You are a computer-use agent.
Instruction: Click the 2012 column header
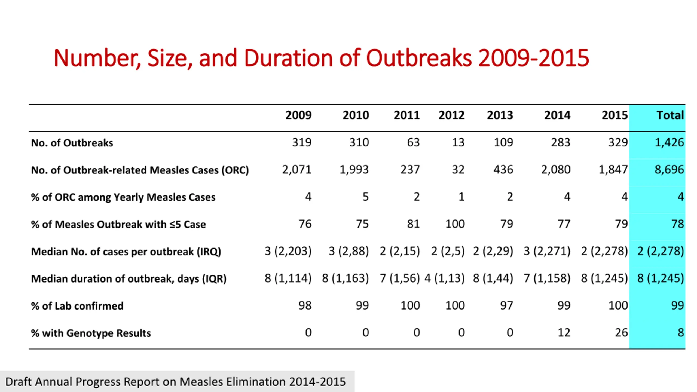click(451, 115)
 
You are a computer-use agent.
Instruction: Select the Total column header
click(670, 115)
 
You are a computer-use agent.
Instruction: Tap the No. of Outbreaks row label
click(72, 143)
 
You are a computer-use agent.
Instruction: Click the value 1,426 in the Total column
click(669, 142)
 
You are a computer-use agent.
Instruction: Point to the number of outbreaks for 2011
click(413, 142)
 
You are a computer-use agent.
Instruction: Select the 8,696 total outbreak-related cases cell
click(669, 170)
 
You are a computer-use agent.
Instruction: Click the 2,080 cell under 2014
click(556, 170)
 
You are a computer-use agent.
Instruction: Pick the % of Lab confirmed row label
click(77, 306)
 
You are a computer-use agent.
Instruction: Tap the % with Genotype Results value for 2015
click(621, 333)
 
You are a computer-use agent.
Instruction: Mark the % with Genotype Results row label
click(91, 333)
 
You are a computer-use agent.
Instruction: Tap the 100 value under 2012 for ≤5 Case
click(455, 224)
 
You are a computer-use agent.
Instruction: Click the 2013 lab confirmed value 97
click(506, 305)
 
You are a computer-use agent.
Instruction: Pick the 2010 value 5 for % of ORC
click(366, 197)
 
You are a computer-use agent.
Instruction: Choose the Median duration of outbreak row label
click(129, 279)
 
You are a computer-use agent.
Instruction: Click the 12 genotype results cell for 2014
click(564, 333)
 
